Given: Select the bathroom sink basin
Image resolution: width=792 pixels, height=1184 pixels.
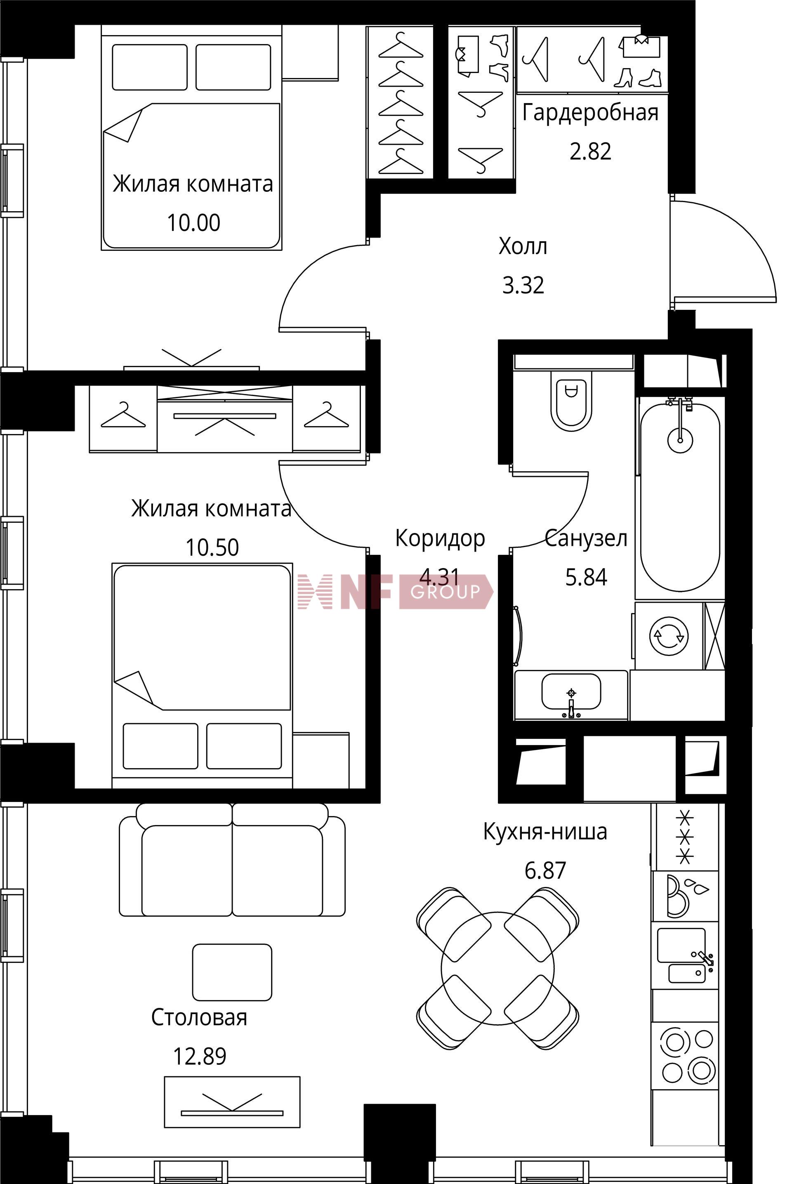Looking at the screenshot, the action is pyautogui.click(x=571, y=692).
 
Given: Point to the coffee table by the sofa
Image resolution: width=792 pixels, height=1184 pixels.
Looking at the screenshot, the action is pyautogui.click(x=232, y=972).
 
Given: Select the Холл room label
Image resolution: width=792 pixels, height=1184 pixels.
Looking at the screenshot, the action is pyautogui.click(x=523, y=247).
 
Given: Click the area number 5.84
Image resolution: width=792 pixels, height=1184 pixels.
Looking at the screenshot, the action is pyautogui.click(x=586, y=577).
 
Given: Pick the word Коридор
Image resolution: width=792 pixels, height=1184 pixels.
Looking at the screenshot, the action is pyautogui.click(x=440, y=539).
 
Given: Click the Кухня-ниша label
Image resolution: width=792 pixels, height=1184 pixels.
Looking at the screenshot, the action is pyautogui.click(x=545, y=831).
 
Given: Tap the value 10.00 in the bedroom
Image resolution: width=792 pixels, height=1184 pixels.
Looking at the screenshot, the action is pyautogui.click(x=193, y=223).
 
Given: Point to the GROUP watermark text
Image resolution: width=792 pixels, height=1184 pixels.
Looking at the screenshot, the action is pyautogui.click(x=445, y=592).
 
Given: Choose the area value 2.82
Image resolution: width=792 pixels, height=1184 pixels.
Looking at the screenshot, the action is pyautogui.click(x=590, y=151).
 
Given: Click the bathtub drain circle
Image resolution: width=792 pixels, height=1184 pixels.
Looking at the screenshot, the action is pyautogui.click(x=680, y=439).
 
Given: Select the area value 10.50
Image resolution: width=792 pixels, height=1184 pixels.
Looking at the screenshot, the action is pyautogui.click(x=212, y=547).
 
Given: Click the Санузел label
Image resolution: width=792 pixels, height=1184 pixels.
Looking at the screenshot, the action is pyautogui.click(x=586, y=538).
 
